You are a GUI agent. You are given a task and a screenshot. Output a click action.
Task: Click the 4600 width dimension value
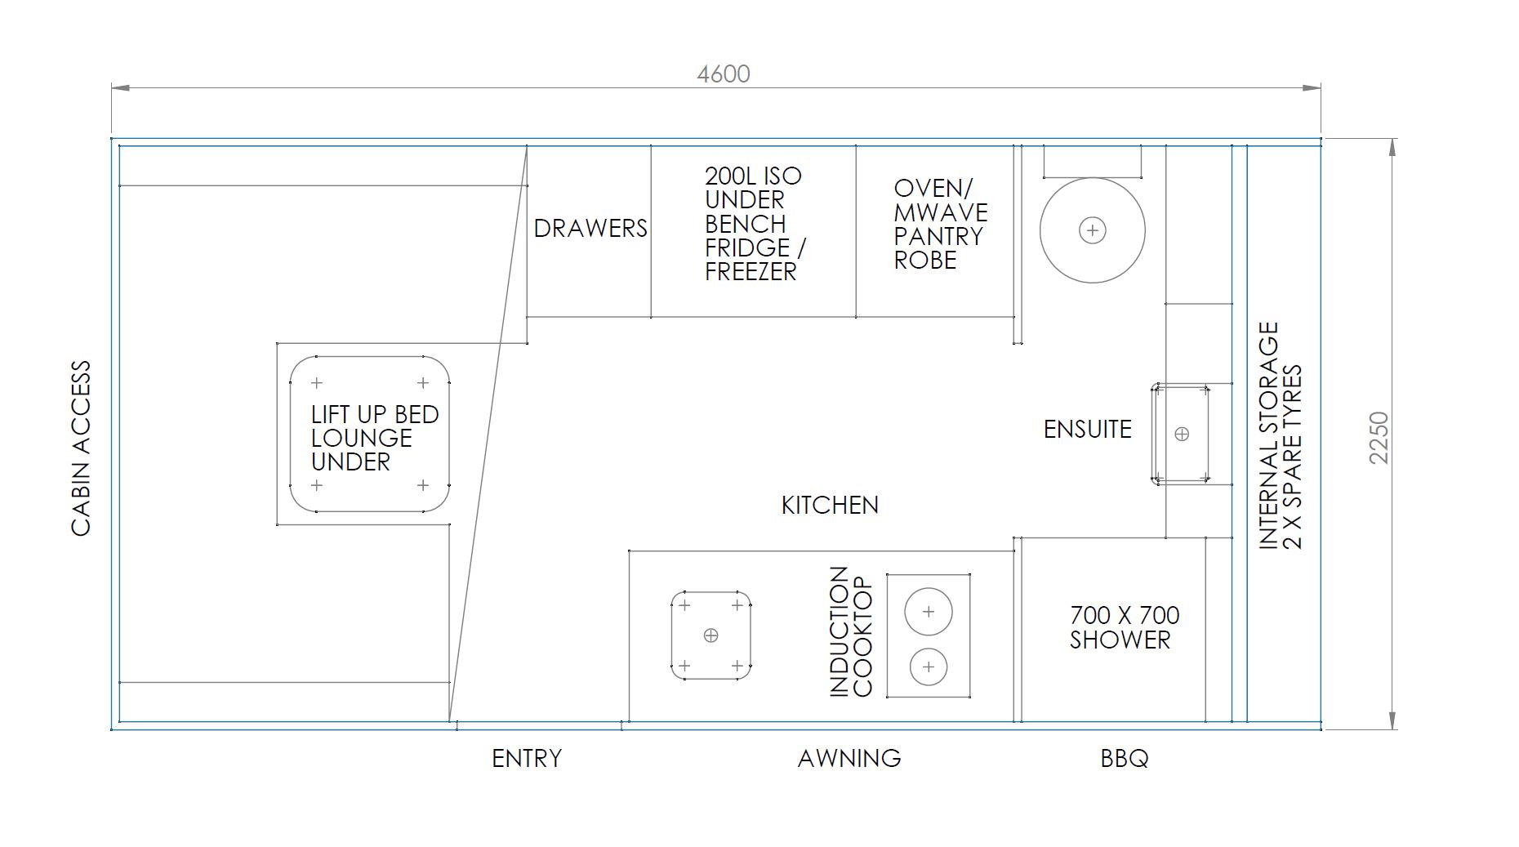[724, 74]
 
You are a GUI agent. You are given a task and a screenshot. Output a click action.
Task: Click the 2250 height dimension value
[1379, 438]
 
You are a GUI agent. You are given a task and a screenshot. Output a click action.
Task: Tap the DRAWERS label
[590, 229]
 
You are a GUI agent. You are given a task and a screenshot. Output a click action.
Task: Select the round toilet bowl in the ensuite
[1093, 230]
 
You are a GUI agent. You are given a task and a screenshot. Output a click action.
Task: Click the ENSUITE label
[1088, 430]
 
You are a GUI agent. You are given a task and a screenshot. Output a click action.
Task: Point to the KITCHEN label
[830, 506]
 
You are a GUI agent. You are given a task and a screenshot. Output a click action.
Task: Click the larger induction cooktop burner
[929, 612]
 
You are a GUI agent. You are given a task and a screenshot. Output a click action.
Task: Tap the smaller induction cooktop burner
[929, 667]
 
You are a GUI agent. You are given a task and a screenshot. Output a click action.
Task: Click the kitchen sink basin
[710, 635]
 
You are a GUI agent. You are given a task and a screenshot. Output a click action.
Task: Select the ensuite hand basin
[1181, 434]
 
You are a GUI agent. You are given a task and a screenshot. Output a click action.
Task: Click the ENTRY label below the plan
[527, 759]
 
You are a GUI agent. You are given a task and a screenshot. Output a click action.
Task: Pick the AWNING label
[849, 759]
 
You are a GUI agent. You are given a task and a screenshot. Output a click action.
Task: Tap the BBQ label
[1125, 759]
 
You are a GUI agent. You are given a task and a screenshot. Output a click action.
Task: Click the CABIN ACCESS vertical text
[81, 448]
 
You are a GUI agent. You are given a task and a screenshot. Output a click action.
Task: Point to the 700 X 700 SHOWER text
[1124, 627]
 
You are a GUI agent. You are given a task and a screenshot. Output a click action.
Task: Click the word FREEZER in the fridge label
[751, 272]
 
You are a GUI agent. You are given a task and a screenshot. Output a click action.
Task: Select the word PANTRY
[938, 237]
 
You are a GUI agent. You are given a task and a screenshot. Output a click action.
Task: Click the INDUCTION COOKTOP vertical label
[851, 632]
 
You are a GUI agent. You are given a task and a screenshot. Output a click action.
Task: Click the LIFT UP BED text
[375, 415]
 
